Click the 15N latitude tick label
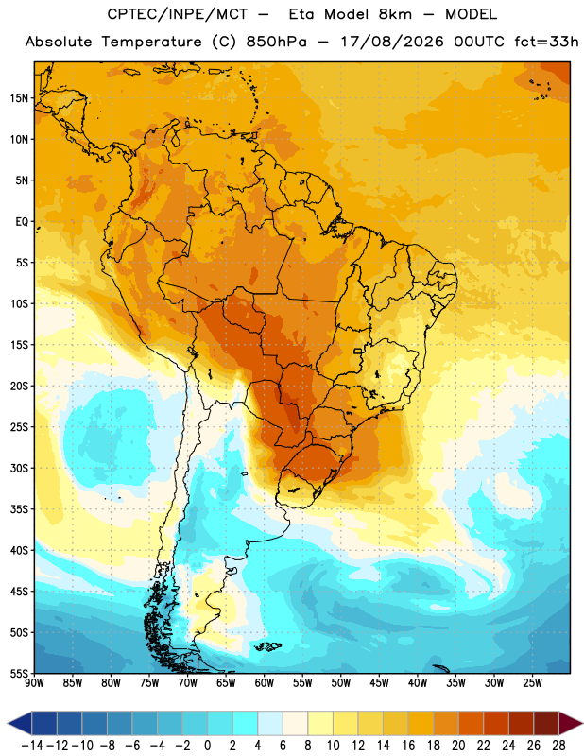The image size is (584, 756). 19,98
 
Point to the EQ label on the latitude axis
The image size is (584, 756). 22,222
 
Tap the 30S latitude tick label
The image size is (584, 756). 19,468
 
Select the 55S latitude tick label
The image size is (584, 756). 19,674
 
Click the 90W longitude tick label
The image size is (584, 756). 35,682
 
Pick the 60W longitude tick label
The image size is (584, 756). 265,682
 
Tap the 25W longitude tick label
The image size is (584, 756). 532,682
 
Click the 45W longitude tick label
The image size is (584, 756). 379,682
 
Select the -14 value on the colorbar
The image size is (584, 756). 32,746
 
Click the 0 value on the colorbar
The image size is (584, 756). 207,746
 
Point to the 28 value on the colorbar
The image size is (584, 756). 558,746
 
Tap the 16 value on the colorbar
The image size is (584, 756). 408,746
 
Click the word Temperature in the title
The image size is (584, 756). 151,42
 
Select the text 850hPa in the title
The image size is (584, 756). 276,42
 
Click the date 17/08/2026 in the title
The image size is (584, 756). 392,42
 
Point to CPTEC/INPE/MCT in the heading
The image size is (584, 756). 178,14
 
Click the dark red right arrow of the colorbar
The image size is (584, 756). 571,724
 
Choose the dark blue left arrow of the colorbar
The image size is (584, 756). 19,724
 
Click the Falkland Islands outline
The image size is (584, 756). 268,646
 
